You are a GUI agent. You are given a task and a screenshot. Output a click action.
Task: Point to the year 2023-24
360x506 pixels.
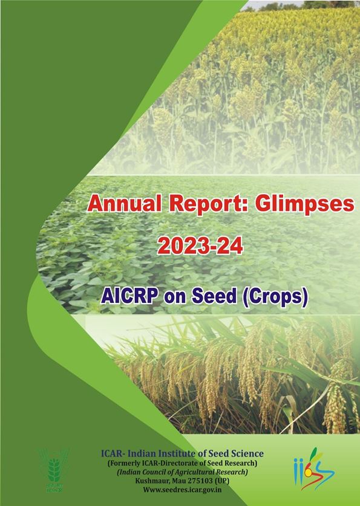(x=200, y=247)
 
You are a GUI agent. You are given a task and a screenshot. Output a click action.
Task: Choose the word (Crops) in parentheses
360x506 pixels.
(x=275, y=297)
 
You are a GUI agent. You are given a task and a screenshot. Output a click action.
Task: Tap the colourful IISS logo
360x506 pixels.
(x=314, y=469)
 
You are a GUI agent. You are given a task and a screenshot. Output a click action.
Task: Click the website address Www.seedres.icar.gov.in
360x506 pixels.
(x=183, y=490)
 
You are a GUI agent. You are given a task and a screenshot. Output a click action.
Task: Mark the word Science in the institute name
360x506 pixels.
(x=249, y=453)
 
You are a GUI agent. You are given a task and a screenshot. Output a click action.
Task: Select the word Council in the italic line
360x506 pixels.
(x=158, y=472)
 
